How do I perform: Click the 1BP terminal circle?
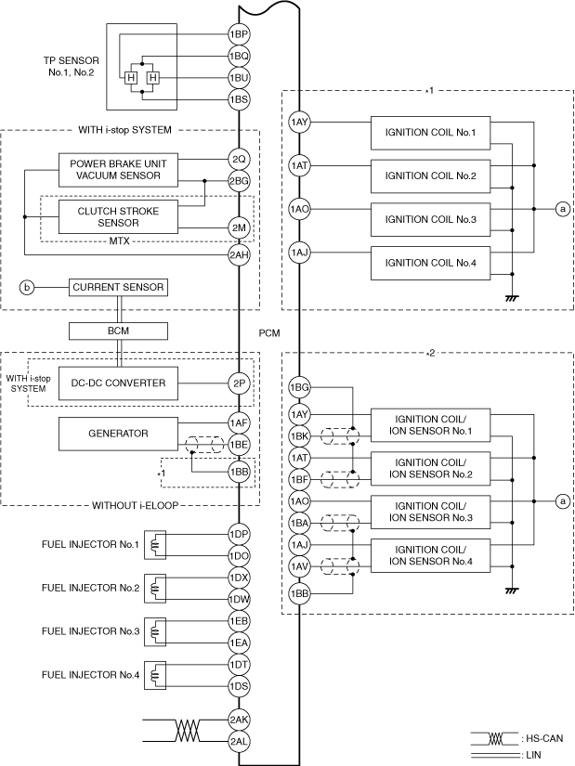[239, 34]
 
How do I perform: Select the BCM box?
[118, 331]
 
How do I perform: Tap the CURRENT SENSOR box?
[118, 287]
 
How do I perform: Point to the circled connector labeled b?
[27, 287]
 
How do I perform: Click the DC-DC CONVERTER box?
[118, 383]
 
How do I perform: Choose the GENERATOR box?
[118, 434]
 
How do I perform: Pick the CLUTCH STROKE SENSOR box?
[118, 217]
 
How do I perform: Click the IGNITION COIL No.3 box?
[430, 219]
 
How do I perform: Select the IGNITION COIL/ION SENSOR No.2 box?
[430, 469]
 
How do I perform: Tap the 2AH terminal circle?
[239, 254]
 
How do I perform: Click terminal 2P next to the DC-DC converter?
[239, 383]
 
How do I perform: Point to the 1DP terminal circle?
[239, 534]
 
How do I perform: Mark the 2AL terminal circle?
[239, 741]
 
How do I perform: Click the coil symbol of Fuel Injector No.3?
[155, 631]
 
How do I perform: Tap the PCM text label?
[269, 333]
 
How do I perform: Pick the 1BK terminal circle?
[299, 435]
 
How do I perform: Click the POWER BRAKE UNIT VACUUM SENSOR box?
[118, 170]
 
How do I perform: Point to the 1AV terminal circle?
[299, 566]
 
